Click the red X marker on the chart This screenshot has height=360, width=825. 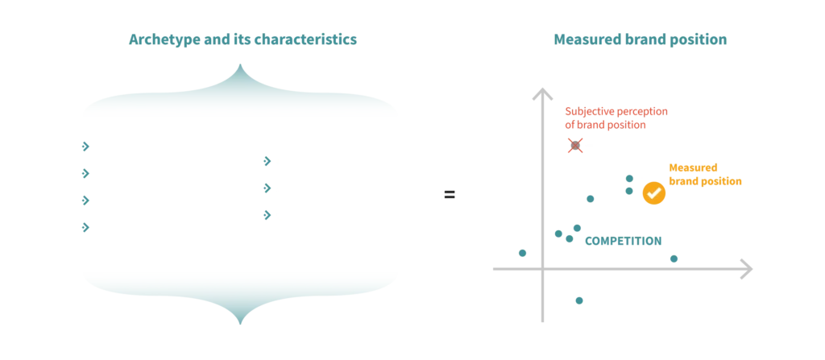pos(575,145)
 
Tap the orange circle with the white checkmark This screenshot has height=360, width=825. pos(653,192)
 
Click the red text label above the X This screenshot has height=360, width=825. pos(616,117)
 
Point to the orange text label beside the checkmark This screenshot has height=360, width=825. pos(705,175)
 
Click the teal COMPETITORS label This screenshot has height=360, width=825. pos(624,240)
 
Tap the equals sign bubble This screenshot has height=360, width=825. pos(450,194)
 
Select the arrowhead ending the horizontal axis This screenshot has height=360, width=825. pos(744,269)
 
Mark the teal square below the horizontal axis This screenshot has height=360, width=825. pos(579,302)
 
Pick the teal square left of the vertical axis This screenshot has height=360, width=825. pos(522,252)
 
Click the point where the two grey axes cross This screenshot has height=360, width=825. pos(541,271)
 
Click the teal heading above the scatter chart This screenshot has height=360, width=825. pos(641,39)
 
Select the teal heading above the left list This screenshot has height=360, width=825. pos(242,39)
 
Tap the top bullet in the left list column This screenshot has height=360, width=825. pos(84,146)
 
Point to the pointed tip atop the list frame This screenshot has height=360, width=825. pos(239,68)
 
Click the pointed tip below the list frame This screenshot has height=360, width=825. pos(239,321)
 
